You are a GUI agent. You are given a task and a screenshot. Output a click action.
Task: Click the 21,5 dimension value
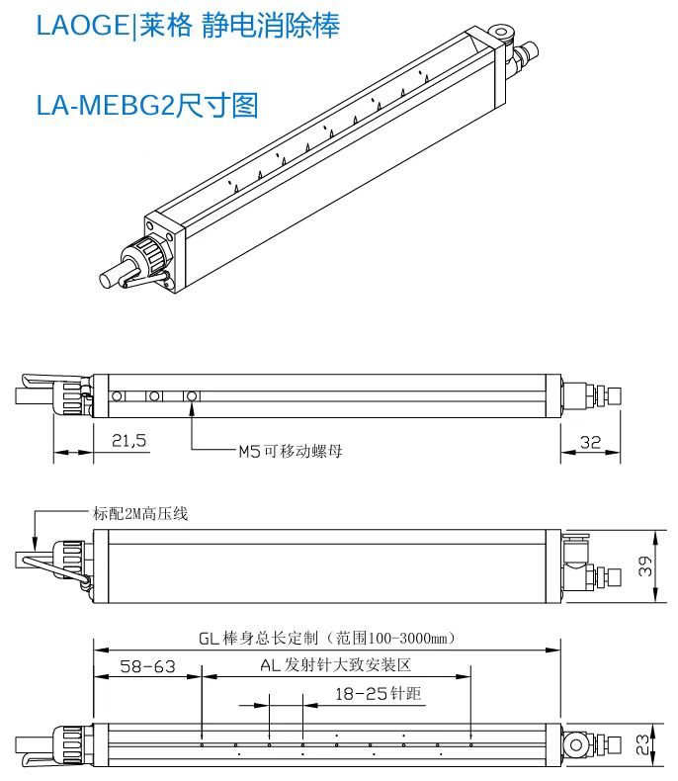128,442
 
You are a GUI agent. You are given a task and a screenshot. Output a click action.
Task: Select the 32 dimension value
590,442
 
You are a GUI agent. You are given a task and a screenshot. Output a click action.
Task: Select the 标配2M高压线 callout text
139,513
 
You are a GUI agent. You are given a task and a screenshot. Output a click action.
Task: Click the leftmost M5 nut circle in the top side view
119,396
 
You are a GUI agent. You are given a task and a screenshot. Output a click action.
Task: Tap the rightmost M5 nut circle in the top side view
193,396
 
